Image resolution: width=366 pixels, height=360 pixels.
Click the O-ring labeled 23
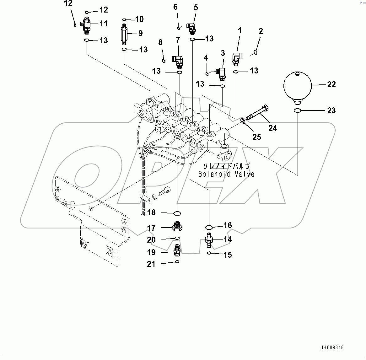click(297, 110)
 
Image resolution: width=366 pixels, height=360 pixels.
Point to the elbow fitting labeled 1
click(236, 58)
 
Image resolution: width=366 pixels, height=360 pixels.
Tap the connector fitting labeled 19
click(177, 250)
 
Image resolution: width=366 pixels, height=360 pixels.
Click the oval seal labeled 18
click(177, 214)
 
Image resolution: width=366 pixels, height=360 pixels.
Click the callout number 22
click(331, 84)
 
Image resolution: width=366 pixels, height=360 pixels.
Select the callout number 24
click(272, 128)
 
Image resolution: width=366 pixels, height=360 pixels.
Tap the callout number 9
click(140, 33)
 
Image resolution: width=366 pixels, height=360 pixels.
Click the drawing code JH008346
click(332, 348)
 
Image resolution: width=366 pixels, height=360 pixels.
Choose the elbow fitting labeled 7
click(178, 61)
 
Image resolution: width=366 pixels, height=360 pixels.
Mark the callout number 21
click(151, 264)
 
